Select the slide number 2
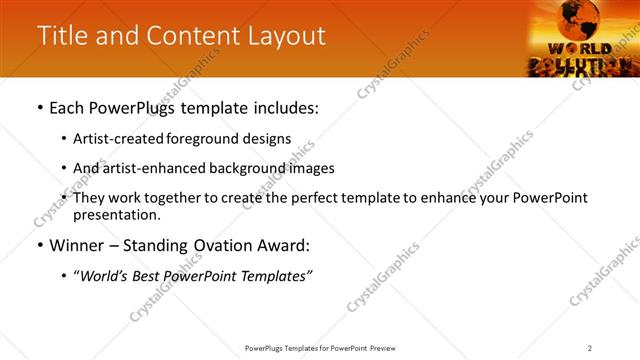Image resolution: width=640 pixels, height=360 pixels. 590,347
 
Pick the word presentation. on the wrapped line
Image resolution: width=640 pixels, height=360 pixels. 116,214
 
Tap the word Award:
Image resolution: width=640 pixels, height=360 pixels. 291,246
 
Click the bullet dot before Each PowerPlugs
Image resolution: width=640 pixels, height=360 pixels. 39,108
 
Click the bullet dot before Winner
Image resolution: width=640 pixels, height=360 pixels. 39,246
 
